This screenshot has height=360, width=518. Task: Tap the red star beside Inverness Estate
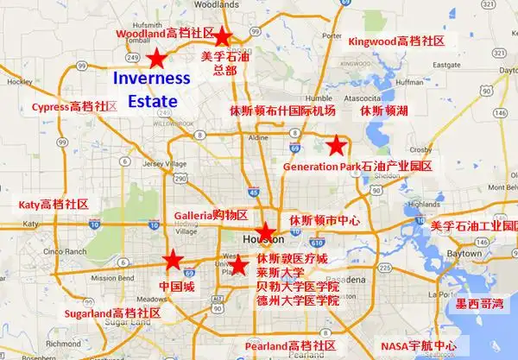(156, 60)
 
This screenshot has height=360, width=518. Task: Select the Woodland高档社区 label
(165, 33)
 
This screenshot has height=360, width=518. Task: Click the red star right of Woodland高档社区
(223, 36)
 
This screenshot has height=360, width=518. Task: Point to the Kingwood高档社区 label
(396, 41)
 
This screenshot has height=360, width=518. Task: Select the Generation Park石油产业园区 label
(357, 166)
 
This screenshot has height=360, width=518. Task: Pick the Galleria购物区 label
(211, 214)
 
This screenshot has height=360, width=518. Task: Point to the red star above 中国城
(173, 259)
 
